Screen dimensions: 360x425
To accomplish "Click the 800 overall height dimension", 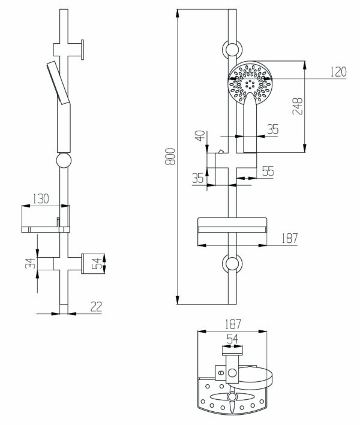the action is (170, 156).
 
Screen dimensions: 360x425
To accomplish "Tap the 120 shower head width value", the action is (338, 72).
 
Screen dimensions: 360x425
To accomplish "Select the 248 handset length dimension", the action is (298, 106).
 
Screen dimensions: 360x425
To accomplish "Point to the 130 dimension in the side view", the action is (41, 198).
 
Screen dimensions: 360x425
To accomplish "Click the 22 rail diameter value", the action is (97, 306).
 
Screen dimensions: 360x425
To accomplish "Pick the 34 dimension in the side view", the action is (31, 263).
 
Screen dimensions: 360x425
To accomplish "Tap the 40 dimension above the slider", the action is (200, 135).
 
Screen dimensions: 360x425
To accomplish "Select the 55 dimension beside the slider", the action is (268, 171).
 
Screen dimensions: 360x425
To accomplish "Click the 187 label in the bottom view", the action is (233, 324).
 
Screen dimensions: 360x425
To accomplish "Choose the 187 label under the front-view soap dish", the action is (290, 238).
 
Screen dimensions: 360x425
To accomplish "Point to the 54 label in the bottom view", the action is (232, 339).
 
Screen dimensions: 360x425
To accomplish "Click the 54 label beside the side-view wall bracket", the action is (97, 263).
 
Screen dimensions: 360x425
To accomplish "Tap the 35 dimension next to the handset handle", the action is (273, 129).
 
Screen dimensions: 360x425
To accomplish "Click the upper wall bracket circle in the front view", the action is (232, 49).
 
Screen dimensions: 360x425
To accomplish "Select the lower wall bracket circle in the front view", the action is (232, 264).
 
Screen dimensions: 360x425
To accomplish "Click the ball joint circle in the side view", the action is (64, 160).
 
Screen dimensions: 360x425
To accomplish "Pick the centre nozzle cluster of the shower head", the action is (250, 85).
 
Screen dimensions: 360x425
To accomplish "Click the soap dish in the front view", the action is (232, 225).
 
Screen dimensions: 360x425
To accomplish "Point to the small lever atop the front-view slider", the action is (220, 151).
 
